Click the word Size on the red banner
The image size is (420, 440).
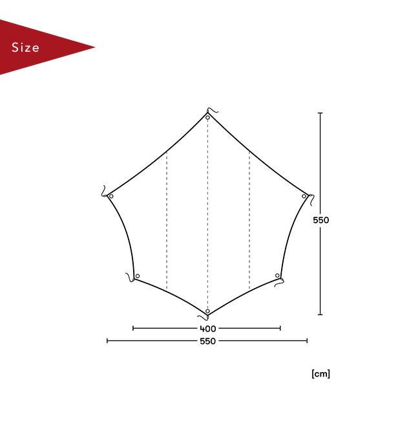click(25, 47)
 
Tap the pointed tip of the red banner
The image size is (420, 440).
click(95, 47)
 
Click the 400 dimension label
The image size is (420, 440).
click(207, 328)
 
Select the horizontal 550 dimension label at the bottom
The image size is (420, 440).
click(207, 341)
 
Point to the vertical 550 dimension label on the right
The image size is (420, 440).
click(320, 220)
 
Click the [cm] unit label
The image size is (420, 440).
click(320, 374)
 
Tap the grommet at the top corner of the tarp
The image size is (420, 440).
click(207, 118)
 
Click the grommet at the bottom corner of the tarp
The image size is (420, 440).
click(207, 311)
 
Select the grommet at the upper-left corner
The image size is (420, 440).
click(111, 196)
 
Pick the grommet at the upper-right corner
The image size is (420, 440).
click(304, 196)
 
